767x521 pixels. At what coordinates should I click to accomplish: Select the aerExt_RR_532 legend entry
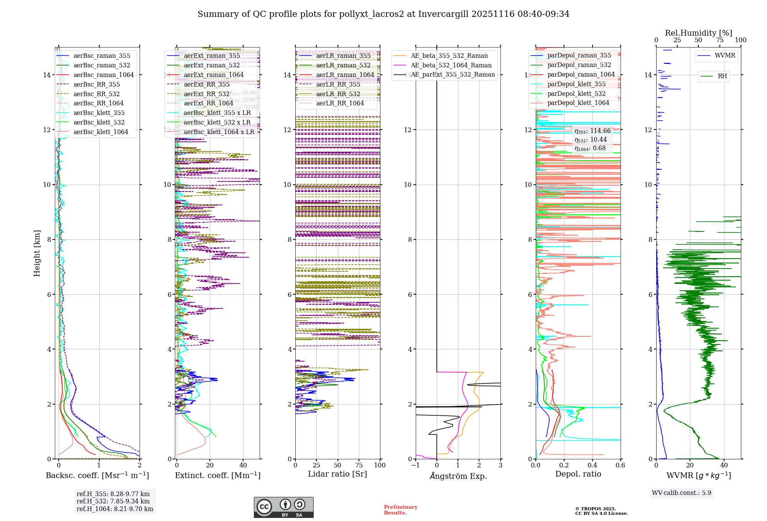coord(206,94)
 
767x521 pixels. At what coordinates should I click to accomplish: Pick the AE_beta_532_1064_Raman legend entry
coord(451,65)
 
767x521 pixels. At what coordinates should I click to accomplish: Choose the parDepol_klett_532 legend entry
coord(576,93)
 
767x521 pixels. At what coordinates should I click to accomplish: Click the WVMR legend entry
coord(725,56)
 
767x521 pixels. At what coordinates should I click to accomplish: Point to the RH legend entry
coord(722,76)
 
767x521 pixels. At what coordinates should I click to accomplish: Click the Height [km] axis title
coord(37,253)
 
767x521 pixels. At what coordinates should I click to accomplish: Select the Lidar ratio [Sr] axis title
coord(337,474)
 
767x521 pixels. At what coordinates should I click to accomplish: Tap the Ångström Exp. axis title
coord(458,476)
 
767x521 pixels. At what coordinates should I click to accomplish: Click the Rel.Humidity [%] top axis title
coord(698,33)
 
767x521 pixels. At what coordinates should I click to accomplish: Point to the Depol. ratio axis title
coord(578,474)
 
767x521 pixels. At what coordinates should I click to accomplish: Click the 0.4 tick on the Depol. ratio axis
coord(592,465)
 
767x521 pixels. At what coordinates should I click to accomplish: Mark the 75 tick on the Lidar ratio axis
coord(359,465)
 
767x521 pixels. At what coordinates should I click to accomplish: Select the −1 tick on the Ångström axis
coord(416,465)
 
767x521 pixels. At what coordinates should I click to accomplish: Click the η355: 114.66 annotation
coord(593,131)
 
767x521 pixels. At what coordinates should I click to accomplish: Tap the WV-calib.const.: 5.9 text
coord(681,493)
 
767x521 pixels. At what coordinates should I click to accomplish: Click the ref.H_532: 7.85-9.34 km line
coord(113,501)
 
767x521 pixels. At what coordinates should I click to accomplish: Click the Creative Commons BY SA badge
coord(283,507)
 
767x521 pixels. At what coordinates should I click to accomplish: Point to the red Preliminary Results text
coord(400,510)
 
